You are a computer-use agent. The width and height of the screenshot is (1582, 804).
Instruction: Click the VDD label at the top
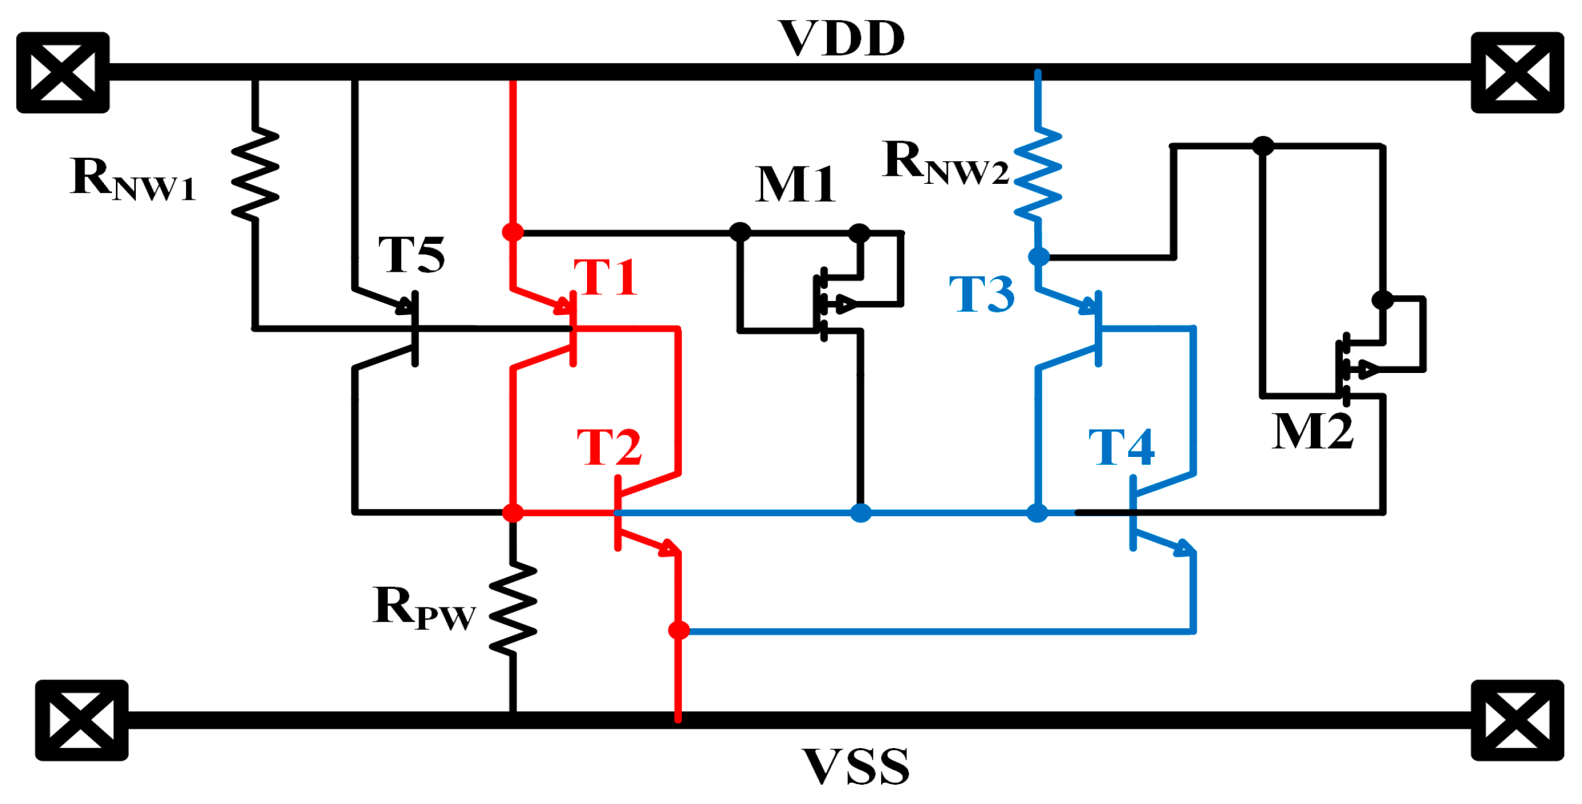842,39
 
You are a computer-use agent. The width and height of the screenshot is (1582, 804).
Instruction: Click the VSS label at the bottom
856,766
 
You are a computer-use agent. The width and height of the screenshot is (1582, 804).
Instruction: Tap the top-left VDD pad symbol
63,73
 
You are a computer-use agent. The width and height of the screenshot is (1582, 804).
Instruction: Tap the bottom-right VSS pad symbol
1517,720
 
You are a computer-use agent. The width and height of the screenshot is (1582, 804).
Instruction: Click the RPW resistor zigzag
512,608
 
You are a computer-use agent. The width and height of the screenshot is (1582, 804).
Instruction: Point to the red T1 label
605,277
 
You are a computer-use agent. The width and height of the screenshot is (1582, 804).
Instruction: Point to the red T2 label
609,447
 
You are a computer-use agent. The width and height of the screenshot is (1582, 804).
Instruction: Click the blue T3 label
982,294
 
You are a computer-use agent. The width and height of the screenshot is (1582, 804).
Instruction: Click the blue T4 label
1121,447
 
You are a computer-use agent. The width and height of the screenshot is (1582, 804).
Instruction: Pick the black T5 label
411,254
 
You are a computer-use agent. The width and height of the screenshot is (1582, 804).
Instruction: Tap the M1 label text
795,184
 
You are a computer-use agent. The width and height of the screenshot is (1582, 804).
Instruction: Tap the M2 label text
1312,432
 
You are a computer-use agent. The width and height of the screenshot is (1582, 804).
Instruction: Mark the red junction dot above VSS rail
678,629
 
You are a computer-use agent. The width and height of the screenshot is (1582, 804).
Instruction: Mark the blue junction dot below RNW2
1038,256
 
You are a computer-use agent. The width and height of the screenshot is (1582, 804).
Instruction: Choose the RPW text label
424,607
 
